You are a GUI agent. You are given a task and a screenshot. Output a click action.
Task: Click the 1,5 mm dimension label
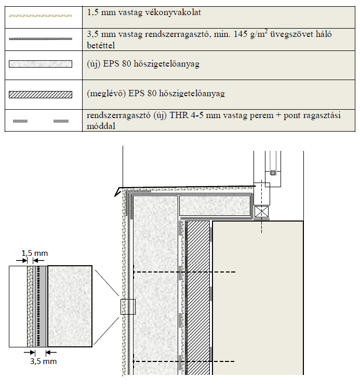tap(34, 253)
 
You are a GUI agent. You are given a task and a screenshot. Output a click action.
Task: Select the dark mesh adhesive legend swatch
tap(41, 39)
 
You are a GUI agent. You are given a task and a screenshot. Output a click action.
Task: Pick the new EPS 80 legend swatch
tap(41, 64)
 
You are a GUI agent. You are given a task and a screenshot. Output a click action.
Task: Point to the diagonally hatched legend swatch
tap(41, 95)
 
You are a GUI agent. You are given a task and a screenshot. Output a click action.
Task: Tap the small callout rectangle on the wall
tap(127, 307)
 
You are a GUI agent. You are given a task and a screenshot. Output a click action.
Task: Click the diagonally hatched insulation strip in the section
tap(198, 296)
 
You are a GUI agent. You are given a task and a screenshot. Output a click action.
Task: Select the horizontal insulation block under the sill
tap(216, 206)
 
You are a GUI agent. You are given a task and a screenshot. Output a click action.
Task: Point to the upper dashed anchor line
tap(184, 272)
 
